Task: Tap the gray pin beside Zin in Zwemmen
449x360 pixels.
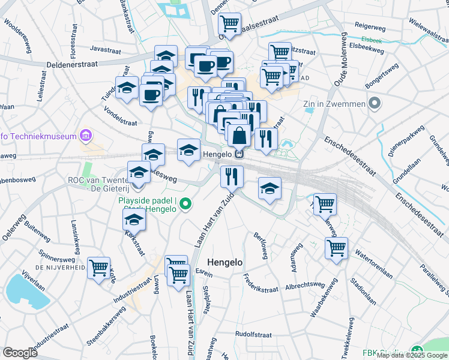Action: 375,104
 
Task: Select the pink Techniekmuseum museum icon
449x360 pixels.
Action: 86,136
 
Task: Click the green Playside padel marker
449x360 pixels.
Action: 185,205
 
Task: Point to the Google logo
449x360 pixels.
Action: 20,353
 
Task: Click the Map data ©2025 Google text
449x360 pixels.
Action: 412,355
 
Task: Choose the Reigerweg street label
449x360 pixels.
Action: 370,26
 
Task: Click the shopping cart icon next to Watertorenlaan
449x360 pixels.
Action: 337,247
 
